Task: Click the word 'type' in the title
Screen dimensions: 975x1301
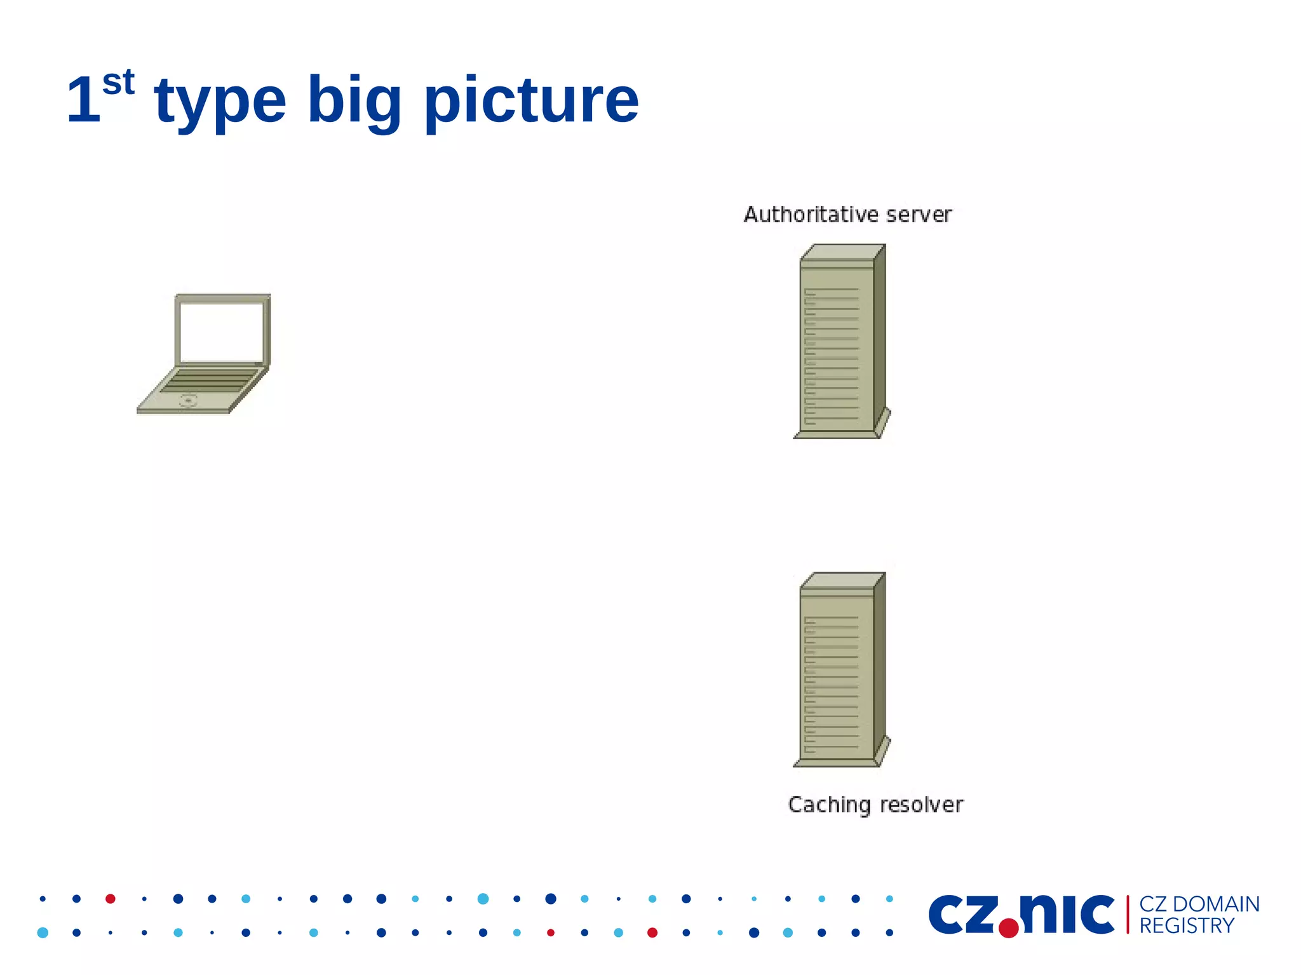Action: coord(220,102)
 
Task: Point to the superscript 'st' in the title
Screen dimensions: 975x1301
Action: coord(119,83)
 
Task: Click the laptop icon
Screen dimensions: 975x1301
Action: coord(204,354)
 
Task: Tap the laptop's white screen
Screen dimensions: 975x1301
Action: coord(222,332)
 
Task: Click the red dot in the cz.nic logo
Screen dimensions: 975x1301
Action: coord(1008,928)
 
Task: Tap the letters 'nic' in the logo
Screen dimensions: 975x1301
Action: coord(1067,914)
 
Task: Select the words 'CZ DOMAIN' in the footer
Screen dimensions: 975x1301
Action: coord(1199,904)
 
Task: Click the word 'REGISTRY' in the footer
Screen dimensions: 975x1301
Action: coord(1186,926)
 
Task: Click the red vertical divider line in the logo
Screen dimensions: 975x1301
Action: coord(1128,915)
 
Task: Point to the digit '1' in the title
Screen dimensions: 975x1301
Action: coord(83,100)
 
